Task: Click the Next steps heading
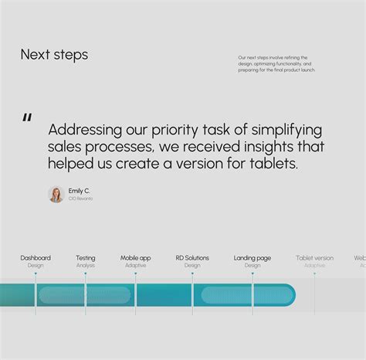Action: (x=54, y=55)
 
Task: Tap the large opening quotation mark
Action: (x=27, y=118)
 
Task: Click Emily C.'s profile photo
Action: (x=56, y=194)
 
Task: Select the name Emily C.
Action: (x=79, y=190)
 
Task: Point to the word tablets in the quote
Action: (x=273, y=164)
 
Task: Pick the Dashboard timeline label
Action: (x=36, y=258)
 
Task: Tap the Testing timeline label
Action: (x=86, y=258)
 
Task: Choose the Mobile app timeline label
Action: (x=135, y=258)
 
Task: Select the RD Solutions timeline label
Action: (x=192, y=258)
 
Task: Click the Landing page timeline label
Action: (x=252, y=258)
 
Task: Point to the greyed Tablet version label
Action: (x=314, y=258)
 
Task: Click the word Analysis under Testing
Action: (x=86, y=266)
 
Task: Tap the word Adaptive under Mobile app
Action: (x=135, y=266)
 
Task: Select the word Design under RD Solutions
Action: (x=192, y=266)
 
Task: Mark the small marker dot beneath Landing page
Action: (x=252, y=273)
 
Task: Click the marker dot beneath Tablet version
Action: (x=314, y=273)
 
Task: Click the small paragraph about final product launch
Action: (x=276, y=63)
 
